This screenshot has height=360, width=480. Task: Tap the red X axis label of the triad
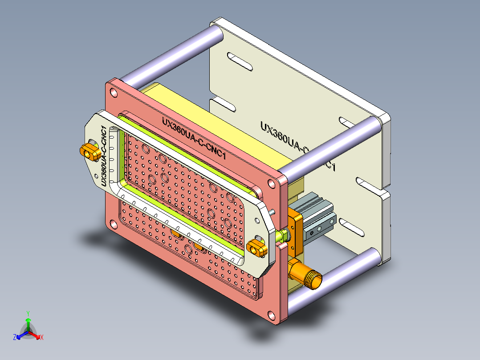click(x=41, y=338)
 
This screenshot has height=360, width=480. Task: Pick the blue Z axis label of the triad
click(x=14, y=338)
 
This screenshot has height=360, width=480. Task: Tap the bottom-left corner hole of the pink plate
click(x=112, y=222)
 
